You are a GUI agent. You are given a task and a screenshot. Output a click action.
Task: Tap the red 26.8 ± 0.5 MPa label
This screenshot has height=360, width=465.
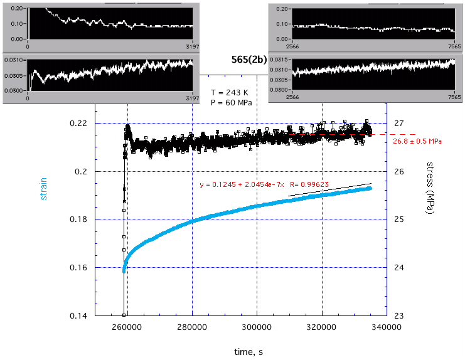(x=417, y=142)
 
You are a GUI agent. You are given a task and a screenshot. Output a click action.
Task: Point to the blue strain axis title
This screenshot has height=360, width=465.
(x=44, y=188)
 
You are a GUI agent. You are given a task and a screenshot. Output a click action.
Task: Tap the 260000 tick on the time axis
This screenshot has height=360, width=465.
(x=127, y=327)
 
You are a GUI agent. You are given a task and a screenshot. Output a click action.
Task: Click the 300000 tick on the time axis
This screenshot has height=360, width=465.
(x=257, y=327)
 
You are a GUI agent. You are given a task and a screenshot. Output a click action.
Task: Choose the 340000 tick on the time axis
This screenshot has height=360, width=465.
(x=386, y=327)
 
